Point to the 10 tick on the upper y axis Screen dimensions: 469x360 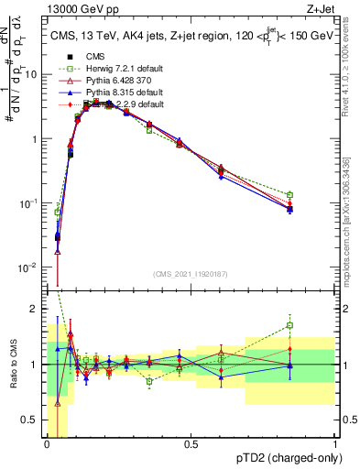tap(36, 75)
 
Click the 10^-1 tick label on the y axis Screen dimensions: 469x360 tap(33, 203)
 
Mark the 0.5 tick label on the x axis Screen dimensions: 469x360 tap(191, 444)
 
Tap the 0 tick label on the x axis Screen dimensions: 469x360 tap(48, 444)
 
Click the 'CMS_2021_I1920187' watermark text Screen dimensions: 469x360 tap(191, 275)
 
